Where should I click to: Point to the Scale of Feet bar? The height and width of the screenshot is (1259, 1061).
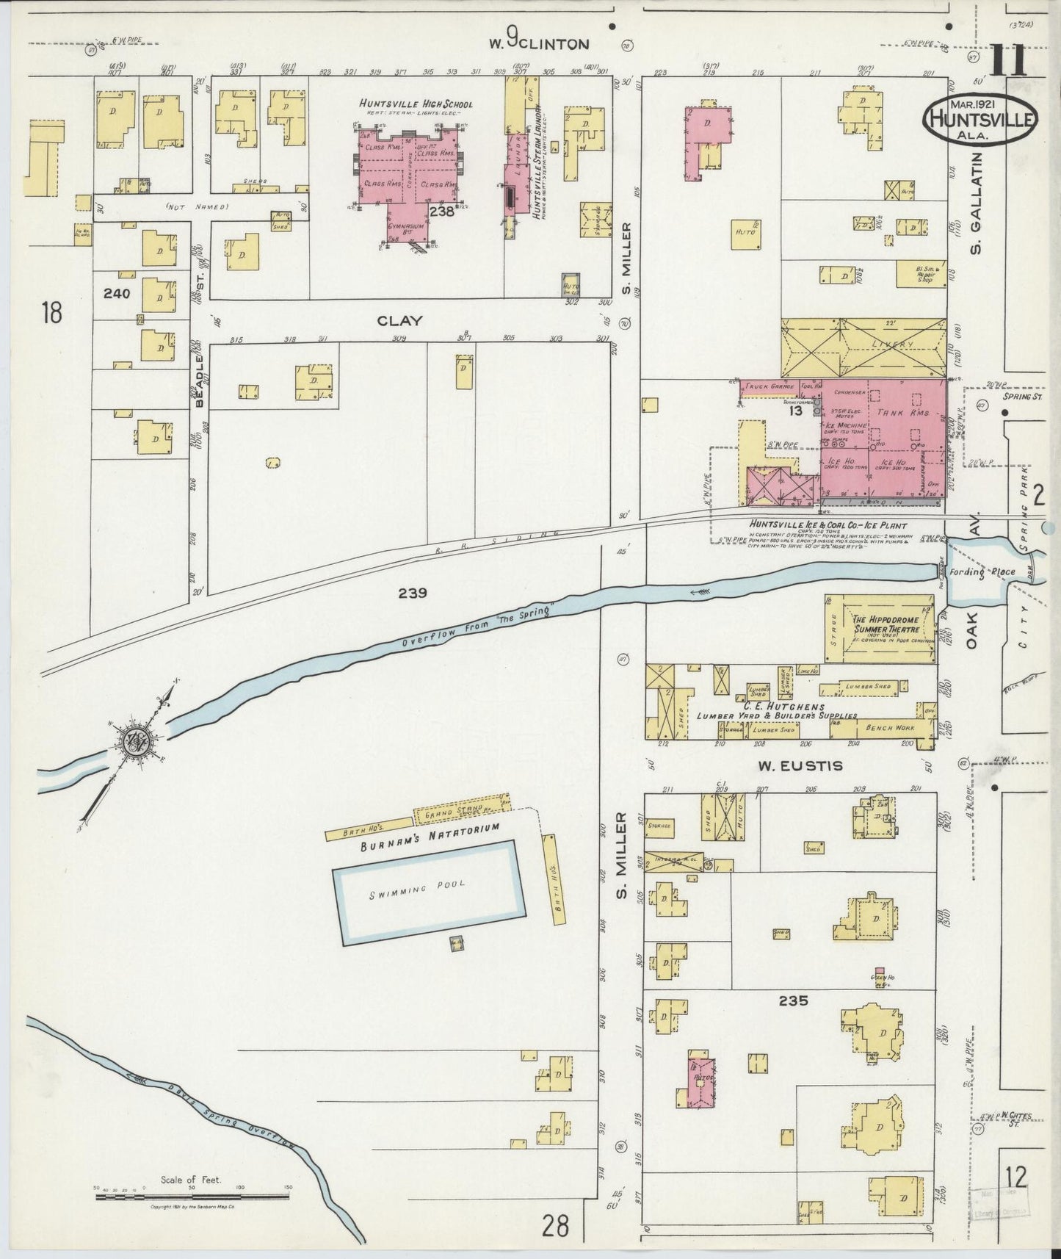pos(191,1197)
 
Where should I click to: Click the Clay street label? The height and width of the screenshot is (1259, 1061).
pos(399,320)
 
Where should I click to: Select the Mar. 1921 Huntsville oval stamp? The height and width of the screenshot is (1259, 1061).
pos(979,118)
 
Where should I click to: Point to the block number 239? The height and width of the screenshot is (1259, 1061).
pos(413,593)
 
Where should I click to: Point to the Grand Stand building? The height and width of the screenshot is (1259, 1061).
pos(460,810)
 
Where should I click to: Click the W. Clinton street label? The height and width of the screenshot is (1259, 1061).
pos(540,43)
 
